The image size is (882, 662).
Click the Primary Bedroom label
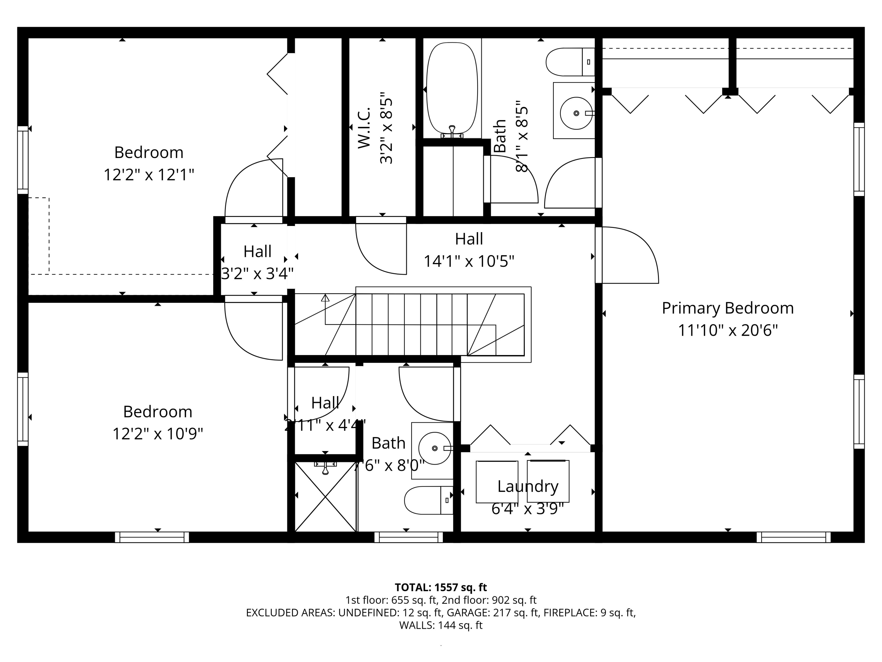[x=727, y=308]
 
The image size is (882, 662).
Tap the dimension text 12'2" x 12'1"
[x=149, y=175]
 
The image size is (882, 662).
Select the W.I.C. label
[x=364, y=128]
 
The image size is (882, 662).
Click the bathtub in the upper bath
[x=452, y=88]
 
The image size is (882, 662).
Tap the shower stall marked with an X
[x=325, y=497]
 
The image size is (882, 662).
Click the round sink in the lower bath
[x=434, y=448]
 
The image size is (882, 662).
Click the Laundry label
[x=527, y=486]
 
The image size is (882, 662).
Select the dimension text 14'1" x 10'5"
[x=469, y=261]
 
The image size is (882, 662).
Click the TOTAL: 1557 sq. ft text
[x=441, y=587]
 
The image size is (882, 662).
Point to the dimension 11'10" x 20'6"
[x=728, y=330]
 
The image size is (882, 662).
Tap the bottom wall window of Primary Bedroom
[x=793, y=537]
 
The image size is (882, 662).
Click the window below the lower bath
[x=408, y=537]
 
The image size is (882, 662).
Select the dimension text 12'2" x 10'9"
[x=158, y=434]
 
